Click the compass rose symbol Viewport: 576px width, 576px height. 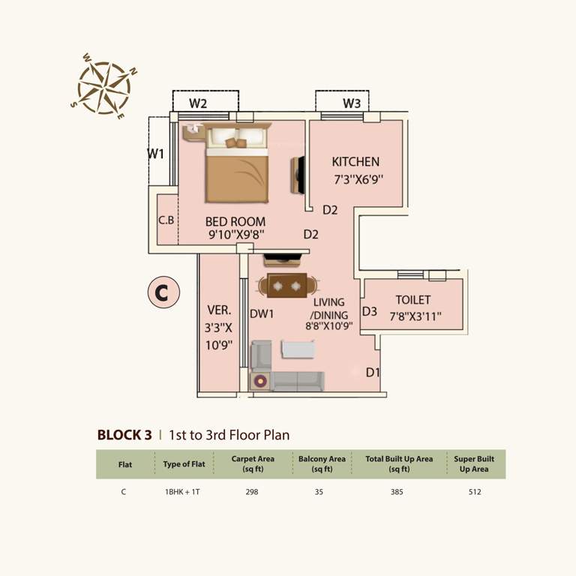[x=105, y=87]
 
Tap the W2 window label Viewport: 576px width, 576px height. [x=198, y=103]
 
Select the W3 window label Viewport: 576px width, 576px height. [x=352, y=103]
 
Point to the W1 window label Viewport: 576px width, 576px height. [x=155, y=154]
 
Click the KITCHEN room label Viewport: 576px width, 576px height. [x=355, y=162]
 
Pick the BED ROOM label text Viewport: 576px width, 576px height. [x=235, y=222]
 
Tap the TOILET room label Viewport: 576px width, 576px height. [x=413, y=300]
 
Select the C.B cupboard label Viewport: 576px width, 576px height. [x=166, y=221]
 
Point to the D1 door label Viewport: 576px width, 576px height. [x=373, y=373]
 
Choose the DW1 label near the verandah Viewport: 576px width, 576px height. [x=261, y=313]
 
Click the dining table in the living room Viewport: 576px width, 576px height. [x=286, y=286]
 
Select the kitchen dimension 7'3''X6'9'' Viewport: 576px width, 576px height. [x=358, y=180]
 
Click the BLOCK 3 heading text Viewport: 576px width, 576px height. [x=124, y=434]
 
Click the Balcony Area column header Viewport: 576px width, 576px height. [x=322, y=463]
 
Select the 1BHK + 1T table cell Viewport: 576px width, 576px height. [x=184, y=492]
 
